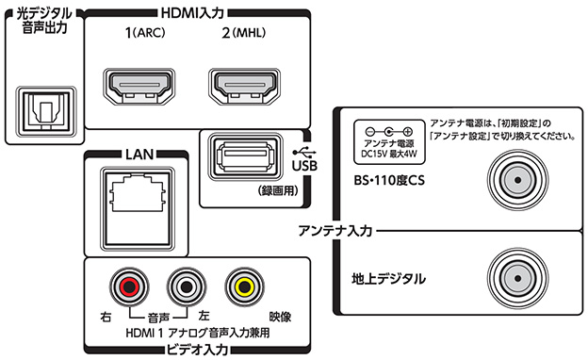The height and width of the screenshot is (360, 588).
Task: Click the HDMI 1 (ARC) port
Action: point(139,88)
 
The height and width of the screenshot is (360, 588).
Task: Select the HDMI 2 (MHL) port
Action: point(245,88)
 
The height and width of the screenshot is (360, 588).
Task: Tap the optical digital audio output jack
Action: point(46,111)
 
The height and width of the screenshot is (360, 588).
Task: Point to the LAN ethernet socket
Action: point(138,209)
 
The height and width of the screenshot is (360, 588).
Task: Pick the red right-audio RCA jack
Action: point(129,286)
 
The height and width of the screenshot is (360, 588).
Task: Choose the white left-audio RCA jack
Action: point(187,286)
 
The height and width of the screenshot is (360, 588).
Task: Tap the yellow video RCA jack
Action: point(244,286)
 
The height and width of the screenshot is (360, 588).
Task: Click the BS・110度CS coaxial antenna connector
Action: point(518,180)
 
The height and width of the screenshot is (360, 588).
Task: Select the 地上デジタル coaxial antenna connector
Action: point(518,279)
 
